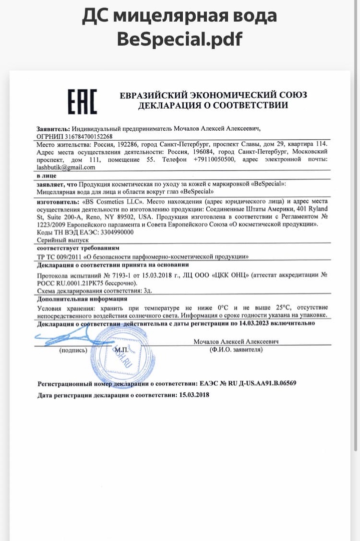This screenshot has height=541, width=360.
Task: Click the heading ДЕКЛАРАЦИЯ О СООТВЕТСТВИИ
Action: tap(213, 105)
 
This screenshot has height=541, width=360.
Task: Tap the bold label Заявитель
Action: tap(53, 128)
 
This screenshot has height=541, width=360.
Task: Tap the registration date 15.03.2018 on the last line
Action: tap(194, 395)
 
